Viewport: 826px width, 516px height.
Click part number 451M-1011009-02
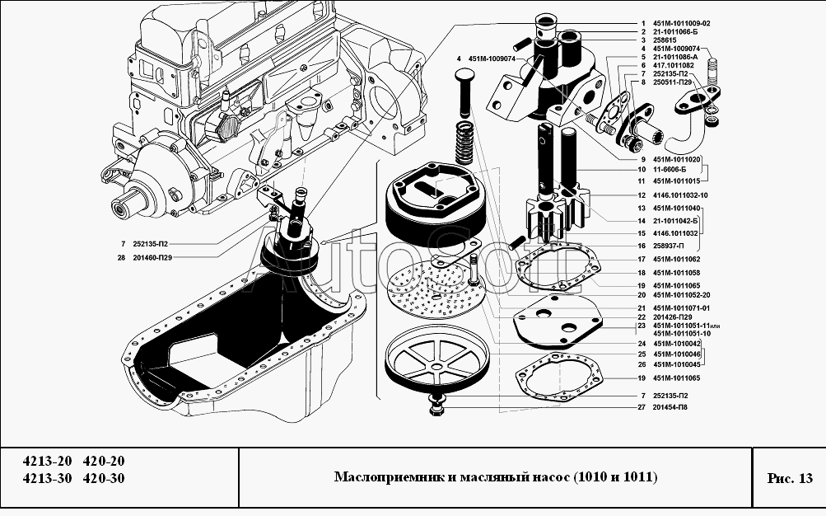pyautogui.click(x=681, y=24)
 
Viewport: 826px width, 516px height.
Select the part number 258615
pyautogui.click(x=665, y=40)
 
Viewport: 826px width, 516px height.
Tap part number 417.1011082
pyautogui.click(x=673, y=65)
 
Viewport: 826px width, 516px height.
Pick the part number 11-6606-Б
pyautogui.click(x=670, y=170)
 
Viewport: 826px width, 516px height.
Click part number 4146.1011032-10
pyautogui.click(x=680, y=195)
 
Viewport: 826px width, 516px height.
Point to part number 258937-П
pyautogui.click(x=668, y=246)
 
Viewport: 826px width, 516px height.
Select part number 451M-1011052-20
pyautogui.click(x=681, y=296)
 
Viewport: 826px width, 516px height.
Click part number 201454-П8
pyautogui.click(x=670, y=407)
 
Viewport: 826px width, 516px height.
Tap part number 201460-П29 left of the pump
pyautogui.click(x=152, y=258)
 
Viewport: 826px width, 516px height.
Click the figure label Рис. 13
pyautogui.click(x=790, y=478)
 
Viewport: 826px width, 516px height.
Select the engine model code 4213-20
pyautogui.click(x=46, y=461)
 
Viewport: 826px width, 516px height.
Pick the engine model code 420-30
pyautogui.click(x=104, y=479)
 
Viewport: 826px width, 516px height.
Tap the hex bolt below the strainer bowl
pyautogui.click(x=436, y=405)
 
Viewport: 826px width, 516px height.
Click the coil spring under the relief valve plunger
pyautogui.click(x=464, y=143)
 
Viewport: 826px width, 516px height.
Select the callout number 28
pyautogui.click(x=122, y=258)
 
